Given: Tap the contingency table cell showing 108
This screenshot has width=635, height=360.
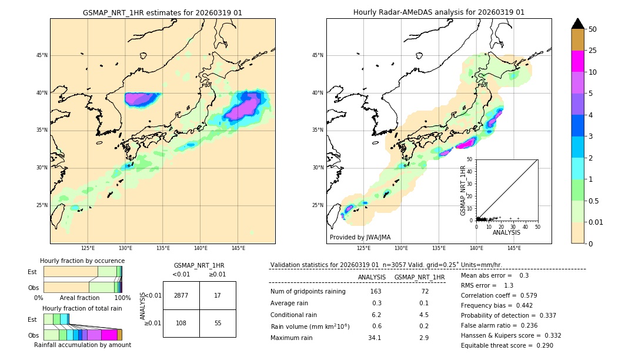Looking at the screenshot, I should [x=181, y=323].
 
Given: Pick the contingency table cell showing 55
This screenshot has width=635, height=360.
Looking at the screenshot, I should [x=218, y=323].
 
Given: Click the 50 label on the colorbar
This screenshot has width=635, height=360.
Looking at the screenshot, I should [x=593, y=29].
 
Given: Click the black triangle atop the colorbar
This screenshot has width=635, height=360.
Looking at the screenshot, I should [x=578, y=24].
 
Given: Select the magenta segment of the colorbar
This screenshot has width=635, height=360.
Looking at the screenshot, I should [x=578, y=61].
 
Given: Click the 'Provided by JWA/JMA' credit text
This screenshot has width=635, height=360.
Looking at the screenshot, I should [x=360, y=238].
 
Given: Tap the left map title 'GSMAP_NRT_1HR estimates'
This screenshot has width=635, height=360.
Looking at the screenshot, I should [x=162, y=12].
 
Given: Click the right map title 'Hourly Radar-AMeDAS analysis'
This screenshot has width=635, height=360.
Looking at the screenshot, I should [x=439, y=12].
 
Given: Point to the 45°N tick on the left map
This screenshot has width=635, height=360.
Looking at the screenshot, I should [x=42, y=55].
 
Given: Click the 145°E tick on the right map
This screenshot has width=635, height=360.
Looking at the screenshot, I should [x=514, y=248].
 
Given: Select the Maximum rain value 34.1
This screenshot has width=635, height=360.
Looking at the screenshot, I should [x=375, y=338].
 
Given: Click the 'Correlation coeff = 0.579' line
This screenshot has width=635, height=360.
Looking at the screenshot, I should [x=499, y=295].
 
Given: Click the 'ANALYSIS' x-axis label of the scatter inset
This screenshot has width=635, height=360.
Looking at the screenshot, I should [x=506, y=232].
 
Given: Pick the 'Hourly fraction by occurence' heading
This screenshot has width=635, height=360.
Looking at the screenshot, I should [x=82, y=261].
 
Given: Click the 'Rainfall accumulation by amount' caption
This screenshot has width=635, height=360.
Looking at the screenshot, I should [x=82, y=345].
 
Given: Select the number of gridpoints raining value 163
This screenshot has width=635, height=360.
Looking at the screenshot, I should [x=375, y=292].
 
